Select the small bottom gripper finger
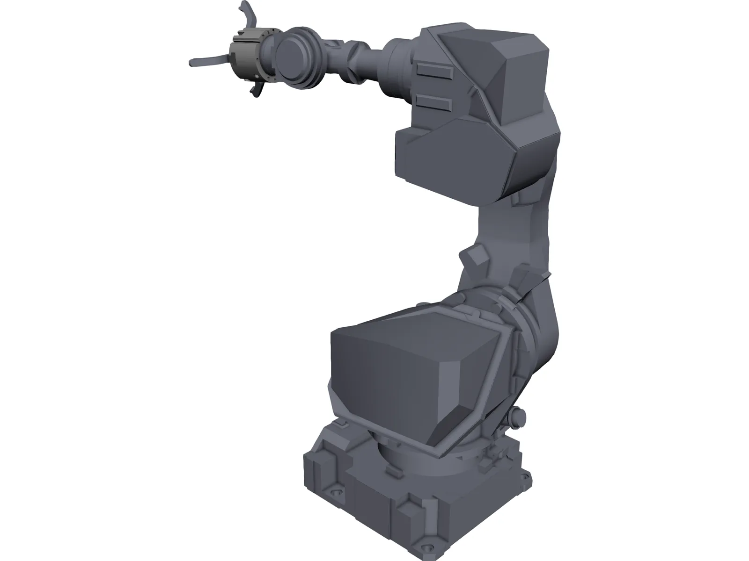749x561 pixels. [255, 90]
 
